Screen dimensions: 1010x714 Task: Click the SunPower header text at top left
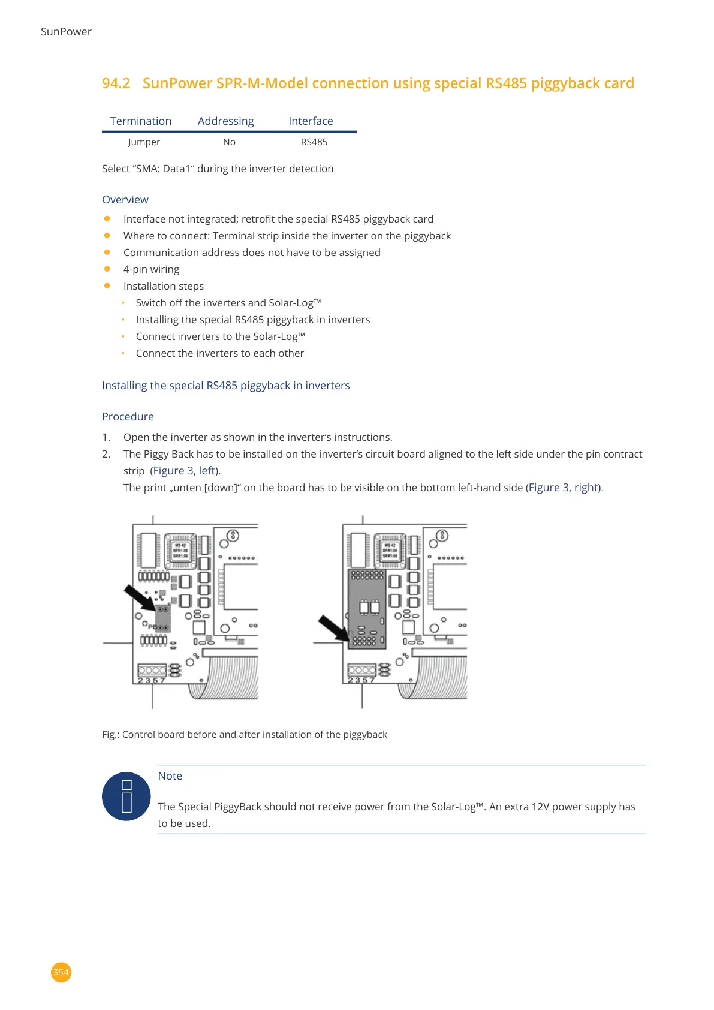[x=66, y=32]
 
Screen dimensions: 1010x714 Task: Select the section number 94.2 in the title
[x=116, y=83]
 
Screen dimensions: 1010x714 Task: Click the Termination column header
[x=141, y=121]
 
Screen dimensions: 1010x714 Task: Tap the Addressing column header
[x=225, y=121]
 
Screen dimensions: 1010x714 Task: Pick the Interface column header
[x=311, y=121]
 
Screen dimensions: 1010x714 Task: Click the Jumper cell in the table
[x=144, y=142]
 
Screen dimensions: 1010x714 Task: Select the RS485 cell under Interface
[x=314, y=142]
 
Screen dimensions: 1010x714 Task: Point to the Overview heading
[x=125, y=200]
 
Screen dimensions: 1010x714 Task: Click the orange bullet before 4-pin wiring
[x=107, y=269]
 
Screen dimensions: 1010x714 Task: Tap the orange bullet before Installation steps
[x=107, y=286]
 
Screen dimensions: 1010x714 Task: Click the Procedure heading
[x=128, y=417]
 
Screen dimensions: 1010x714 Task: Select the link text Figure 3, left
[x=185, y=471]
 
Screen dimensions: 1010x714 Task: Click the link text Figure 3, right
[x=564, y=488]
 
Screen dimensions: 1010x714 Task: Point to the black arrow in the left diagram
[x=139, y=598]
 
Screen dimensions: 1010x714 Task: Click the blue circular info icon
[x=126, y=796]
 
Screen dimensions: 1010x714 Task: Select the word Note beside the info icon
[x=170, y=776]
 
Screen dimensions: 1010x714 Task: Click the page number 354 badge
[x=61, y=972]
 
